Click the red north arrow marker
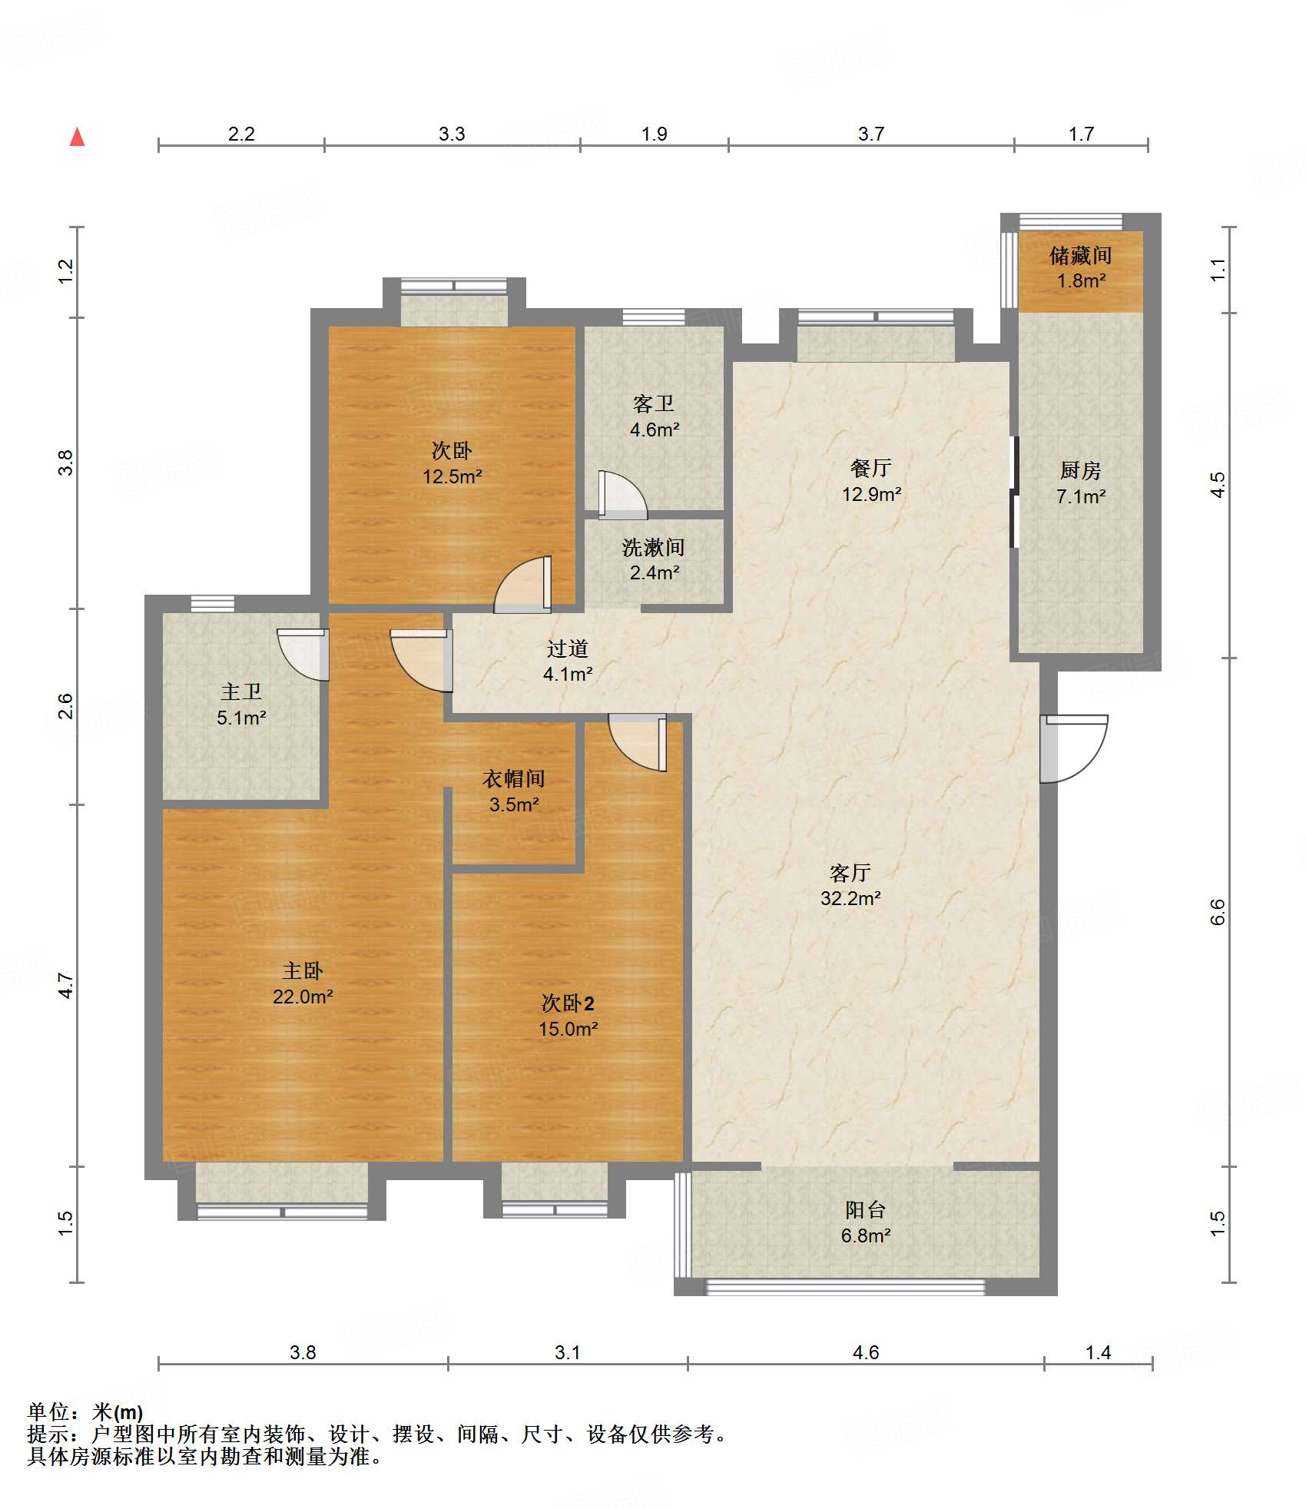tap(77, 137)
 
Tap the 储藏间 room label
tap(1080, 255)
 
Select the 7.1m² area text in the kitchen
tap(1080, 496)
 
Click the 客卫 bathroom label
tap(654, 404)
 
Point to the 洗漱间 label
tap(654, 547)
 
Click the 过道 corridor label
tap(568, 648)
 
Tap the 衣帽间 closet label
tap(514, 778)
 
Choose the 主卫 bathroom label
tap(241, 691)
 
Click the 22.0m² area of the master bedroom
tap(303, 997)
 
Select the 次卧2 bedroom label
tap(568, 1003)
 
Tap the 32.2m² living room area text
tap(850, 898)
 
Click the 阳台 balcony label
tap(866, 1210)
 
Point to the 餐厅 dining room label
tap(871, 468)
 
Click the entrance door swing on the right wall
tap(1074, 748)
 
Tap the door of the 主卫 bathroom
tap(303, 655)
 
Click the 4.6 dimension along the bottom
tap(866, 1352)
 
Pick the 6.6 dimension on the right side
tap(1218, 912)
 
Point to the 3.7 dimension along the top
tap(871, 134)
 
